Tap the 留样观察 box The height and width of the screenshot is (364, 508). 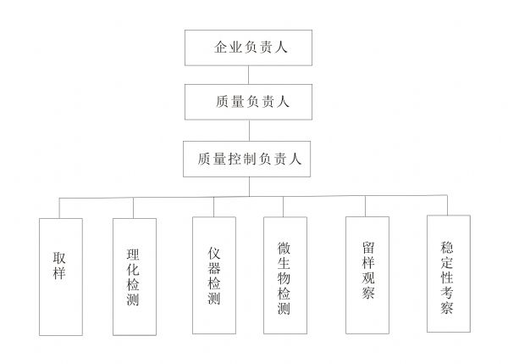click(367, 276)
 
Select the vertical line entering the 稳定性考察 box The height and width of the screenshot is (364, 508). click(447, 204)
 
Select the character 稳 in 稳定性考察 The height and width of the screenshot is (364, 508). click(447, 249)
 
